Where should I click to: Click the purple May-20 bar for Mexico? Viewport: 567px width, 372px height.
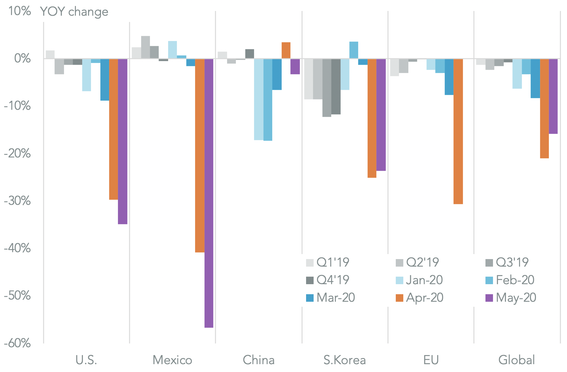click(209, 193)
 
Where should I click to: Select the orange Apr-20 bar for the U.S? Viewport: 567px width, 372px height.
click(114, 129)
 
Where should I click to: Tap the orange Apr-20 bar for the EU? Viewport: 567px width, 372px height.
click(458, 131)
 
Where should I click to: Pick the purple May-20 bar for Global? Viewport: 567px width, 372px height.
click(553, 96)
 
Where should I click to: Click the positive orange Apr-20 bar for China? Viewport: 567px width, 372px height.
click(286, 50)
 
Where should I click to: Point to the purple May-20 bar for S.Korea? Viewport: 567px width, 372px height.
click(381, 114)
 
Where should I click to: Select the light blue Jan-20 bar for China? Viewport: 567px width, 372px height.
click(259, 99)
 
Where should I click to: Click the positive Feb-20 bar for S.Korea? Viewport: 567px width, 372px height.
click(354, 50)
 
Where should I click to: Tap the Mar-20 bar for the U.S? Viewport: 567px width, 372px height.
click(105, 79)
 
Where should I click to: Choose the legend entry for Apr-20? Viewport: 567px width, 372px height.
click(420, 298)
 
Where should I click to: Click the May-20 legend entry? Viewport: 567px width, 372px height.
click(511, 298)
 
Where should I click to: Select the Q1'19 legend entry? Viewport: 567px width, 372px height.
click(328, 263)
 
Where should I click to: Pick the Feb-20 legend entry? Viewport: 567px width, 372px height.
click(510, 280)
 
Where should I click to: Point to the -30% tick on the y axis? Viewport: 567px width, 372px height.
click(17, 201)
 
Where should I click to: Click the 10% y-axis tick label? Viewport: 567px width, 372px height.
click(19, 11)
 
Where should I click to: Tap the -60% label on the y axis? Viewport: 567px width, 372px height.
click(17, 343)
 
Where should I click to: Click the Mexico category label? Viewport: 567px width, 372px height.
click(172, 360)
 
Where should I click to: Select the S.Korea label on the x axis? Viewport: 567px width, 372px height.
click(345, 360)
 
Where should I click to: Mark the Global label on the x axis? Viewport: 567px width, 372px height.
click(517, 360)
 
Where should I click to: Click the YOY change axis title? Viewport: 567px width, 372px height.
click(74, 12)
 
